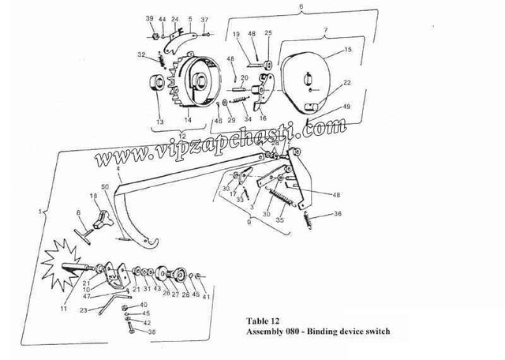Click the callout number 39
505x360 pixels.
150,18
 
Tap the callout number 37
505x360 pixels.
204,19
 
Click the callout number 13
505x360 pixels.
159,122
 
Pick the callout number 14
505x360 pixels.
188,120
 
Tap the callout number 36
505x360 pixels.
337,214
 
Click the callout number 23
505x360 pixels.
83,311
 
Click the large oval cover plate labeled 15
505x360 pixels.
312,79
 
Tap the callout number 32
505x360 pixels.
141,55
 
